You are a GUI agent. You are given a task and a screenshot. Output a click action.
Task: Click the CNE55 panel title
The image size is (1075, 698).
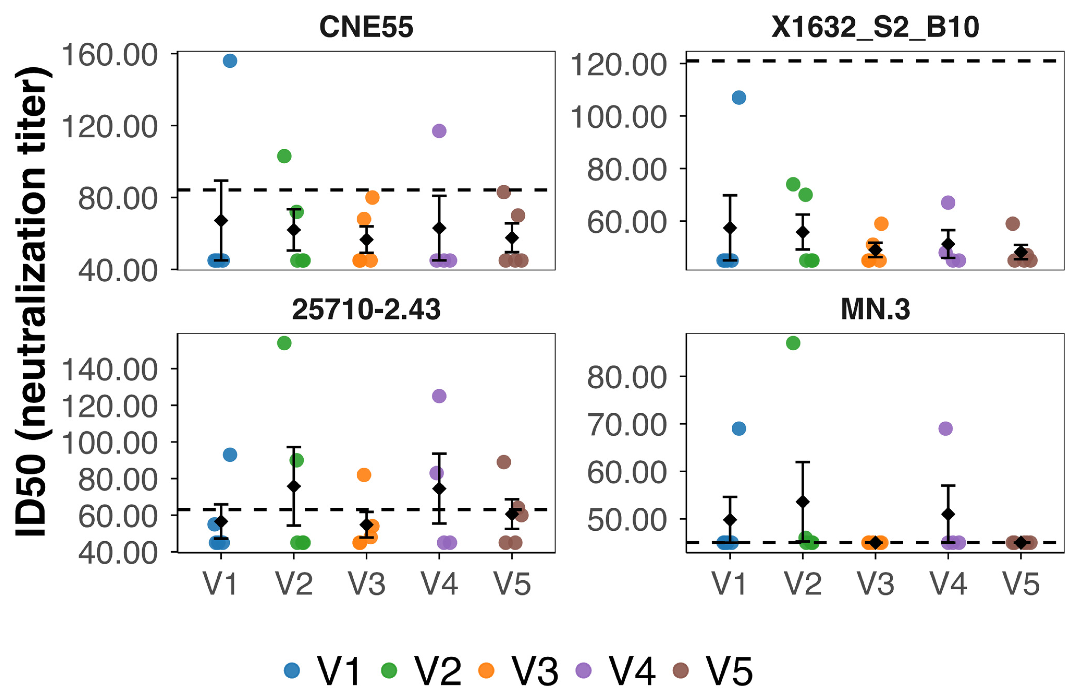(366, 27)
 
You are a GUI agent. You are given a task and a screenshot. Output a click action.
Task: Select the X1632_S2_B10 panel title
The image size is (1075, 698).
(875, 27)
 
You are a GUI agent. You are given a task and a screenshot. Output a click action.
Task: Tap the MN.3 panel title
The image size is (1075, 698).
(875, 310)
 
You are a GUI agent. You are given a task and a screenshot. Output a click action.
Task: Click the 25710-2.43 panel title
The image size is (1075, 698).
(366, 310)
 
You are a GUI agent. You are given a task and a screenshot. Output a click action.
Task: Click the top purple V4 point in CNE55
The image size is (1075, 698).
(439, 131)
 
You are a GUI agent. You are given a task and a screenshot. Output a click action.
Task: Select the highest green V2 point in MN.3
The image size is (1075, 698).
(793, 343)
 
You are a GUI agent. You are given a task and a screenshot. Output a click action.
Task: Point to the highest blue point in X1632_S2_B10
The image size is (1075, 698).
(738, 97)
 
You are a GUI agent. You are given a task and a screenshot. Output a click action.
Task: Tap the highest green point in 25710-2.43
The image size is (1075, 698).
(284, 343)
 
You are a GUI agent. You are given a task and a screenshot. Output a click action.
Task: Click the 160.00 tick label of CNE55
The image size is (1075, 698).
(109, 55)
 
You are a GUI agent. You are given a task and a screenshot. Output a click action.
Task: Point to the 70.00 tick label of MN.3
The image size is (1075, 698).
(627, 425)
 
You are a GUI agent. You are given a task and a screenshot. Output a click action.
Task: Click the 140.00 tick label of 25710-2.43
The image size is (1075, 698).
(109, 370)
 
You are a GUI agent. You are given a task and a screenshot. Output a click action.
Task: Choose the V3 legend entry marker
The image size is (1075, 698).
(486, 671)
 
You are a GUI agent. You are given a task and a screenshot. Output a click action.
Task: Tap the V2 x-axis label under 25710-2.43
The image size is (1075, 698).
(294, 584)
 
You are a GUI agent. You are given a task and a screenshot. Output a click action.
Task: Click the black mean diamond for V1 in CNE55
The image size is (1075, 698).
(221, 220)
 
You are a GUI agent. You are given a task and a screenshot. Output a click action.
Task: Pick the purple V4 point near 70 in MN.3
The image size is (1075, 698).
(945, 428)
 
